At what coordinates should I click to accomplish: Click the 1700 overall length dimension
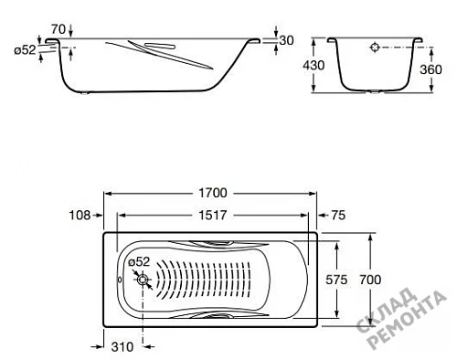[x=213, y=193]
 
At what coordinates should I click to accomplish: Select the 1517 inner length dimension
[x=213, y=216]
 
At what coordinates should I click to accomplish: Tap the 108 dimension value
[x=80, y=216]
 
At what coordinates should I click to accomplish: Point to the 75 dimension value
[x=338, y=216]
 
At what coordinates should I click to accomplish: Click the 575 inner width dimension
[x=336, y=280]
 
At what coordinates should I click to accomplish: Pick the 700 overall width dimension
[x=370, y=280]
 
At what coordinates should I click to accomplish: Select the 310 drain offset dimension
[x=122, y=347]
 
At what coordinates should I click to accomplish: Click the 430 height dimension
[x=314, y=65]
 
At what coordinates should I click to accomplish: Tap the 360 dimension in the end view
[x=430, y=69]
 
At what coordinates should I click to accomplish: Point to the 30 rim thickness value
[x=286, y=40]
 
